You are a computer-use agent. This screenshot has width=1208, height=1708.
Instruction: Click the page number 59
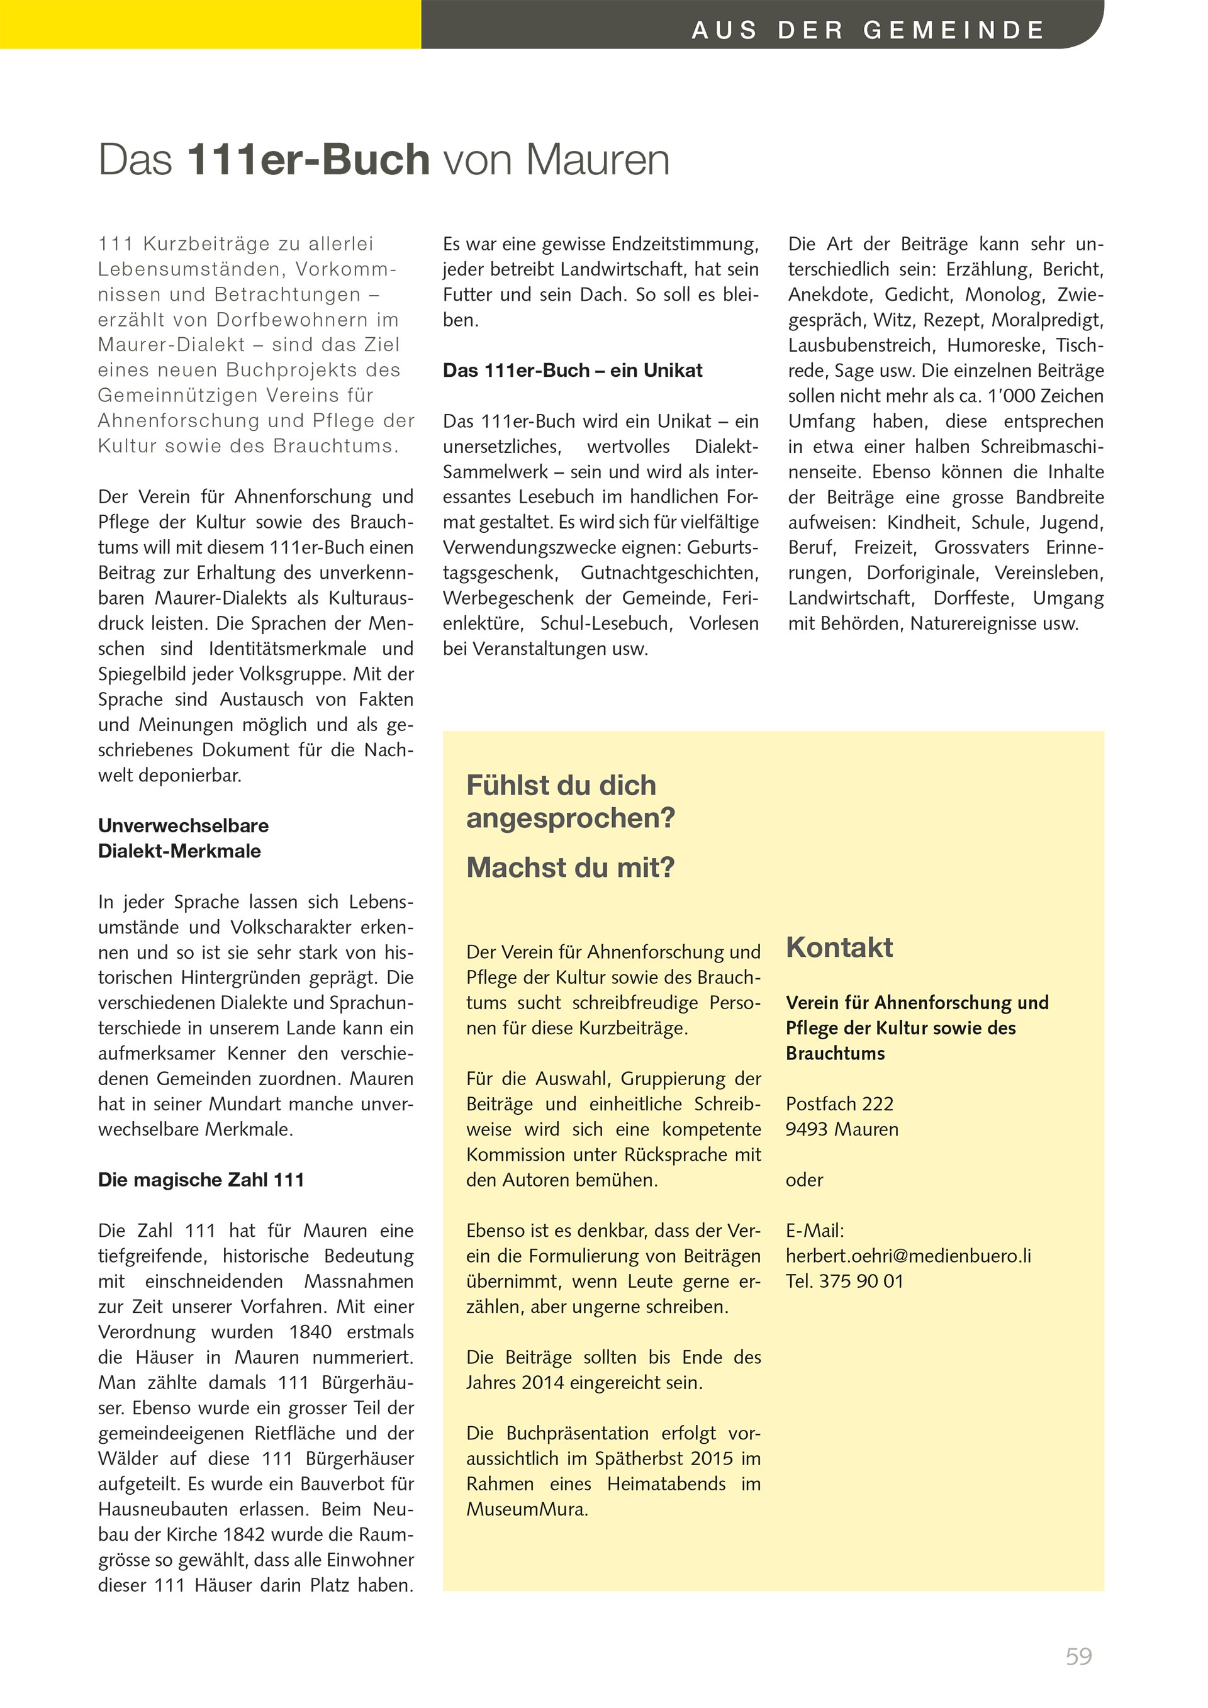[1078, 1656]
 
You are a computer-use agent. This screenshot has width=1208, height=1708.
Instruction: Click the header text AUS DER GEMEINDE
[868, 30]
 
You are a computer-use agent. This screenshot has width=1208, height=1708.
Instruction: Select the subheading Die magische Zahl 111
[201, 1180]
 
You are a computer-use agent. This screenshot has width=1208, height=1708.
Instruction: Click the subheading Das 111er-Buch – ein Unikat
[572, 371]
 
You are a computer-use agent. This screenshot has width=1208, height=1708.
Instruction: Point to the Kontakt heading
[839, 947]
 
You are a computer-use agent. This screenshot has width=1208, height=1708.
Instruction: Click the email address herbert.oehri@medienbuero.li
[909, 1256]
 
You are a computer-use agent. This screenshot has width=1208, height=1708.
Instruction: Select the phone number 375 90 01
[861, 1281]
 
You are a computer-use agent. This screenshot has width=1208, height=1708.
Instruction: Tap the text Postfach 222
[839, 1104]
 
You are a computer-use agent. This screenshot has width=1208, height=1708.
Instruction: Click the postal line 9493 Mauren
[841, 1129]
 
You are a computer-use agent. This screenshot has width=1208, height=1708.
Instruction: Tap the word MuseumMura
[527, 1509]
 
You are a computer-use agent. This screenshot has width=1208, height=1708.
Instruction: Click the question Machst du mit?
[570, 868]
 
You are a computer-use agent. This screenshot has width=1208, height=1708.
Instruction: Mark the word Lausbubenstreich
[859, 345]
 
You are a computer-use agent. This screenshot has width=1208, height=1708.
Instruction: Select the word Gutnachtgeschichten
[669, 573]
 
